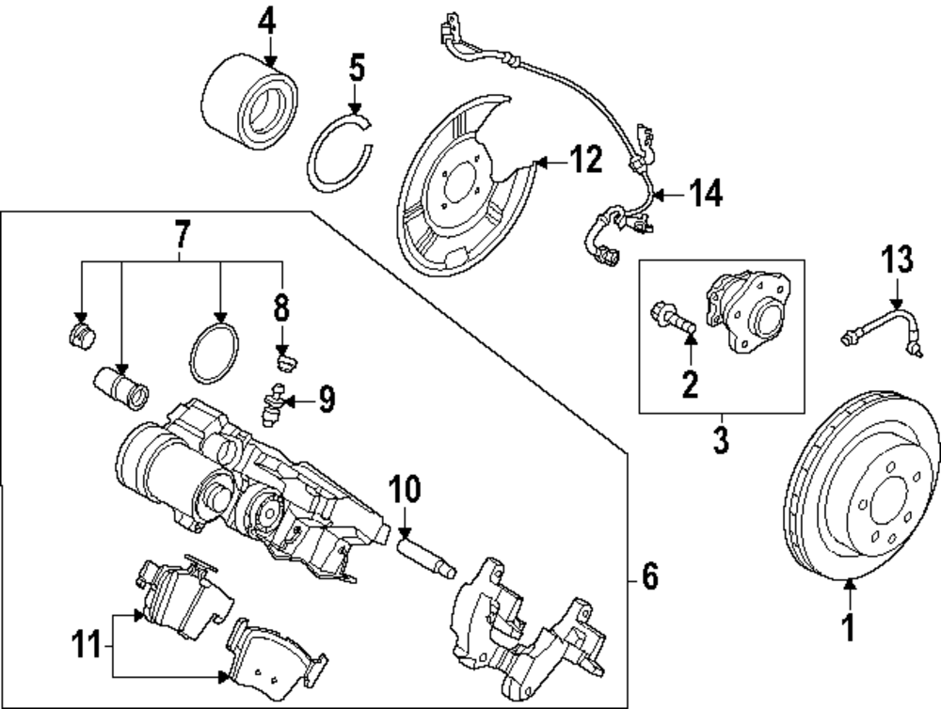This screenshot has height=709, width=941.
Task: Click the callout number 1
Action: (x=849, y=626)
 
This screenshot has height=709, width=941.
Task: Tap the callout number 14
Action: (x=703, y=195)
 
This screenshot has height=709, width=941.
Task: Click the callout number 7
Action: (x=182, y=232)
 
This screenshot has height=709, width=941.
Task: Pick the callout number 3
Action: (x=721, y=439)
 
